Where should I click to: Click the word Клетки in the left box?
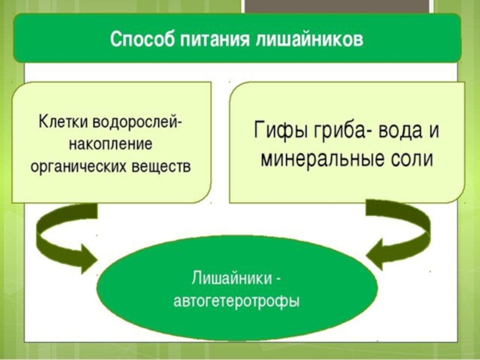pos(64,121)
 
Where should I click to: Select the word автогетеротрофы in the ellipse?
pos(236,301)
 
